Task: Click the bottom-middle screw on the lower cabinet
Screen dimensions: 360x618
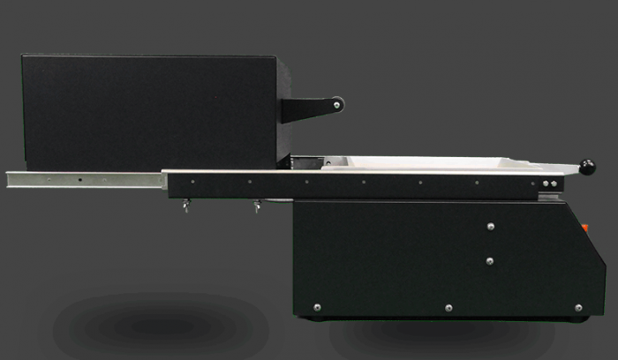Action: click(448, 307)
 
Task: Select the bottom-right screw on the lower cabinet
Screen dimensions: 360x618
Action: click(578, 307)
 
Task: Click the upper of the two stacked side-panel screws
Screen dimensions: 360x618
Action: click(491, 227)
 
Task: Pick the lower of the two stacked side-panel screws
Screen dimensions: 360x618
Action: click(491, 260)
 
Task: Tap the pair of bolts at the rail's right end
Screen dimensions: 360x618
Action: click(549, 184)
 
